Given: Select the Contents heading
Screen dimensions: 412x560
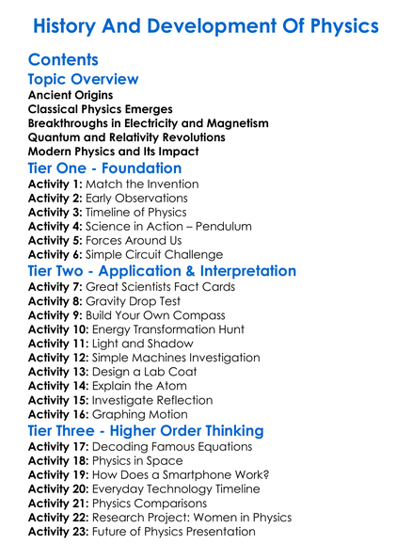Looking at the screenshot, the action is click(x=63, y=60).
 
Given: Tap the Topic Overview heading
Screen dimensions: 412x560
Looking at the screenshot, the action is click(x=84, y=79).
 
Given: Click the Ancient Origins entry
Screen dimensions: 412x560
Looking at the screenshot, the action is click(x=71, y=95).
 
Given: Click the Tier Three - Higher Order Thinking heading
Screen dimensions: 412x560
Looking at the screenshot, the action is click(x=146, y=431).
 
